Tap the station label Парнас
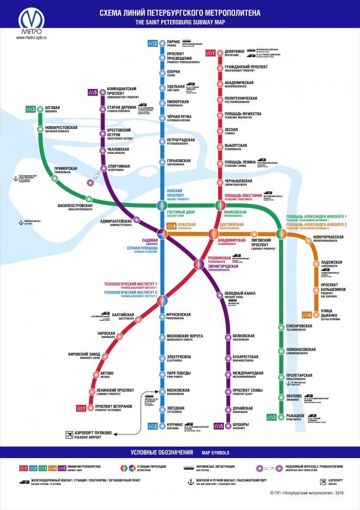click(x=174, y=41)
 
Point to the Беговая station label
click(x=52, y=108)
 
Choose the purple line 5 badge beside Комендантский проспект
click(x=92, y=92)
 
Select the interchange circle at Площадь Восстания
click(x=220, y=206)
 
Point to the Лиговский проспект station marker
click(x=254, y=234)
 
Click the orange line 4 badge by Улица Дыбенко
click(x=307, y=315)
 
